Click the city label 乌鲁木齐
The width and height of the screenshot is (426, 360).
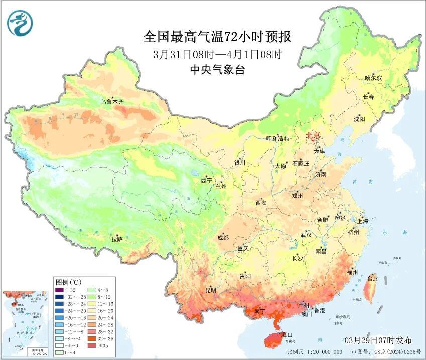(111, 102)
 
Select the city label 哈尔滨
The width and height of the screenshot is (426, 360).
(373, 78)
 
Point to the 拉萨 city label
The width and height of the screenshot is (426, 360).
(116, 239)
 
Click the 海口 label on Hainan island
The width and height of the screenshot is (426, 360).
(287, 334)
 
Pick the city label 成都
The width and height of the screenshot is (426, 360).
(223, 238)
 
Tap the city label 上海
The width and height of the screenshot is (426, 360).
(363, 221)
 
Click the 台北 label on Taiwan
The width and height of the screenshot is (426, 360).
(372, 279)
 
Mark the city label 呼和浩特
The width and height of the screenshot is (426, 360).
(277, 139)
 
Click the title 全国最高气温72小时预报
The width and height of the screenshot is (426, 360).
(217, 37)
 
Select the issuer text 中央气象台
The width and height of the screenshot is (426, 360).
(217, 70)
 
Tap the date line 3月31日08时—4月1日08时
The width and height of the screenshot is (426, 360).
(217, 54)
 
